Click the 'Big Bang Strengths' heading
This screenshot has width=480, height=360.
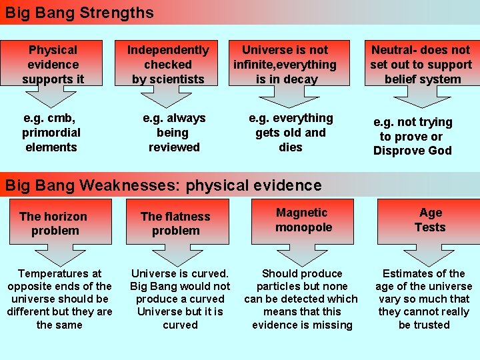(79, 13)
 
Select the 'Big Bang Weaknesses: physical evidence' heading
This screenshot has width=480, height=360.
(163, 185)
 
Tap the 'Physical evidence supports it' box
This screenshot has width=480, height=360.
(53, 64)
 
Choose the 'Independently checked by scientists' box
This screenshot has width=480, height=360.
(168, 64)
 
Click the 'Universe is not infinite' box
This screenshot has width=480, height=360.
(285, 64)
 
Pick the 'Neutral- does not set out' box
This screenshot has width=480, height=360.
(421, 64)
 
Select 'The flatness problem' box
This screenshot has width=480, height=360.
(175, 223)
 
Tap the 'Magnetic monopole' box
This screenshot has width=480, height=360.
(303, 220)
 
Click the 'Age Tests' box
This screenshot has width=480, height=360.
(430, 220)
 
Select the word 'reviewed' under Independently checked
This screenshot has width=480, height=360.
(174, 147)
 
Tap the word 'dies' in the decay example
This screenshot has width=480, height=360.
(291, 147)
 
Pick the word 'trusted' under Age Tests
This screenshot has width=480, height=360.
(424, 325)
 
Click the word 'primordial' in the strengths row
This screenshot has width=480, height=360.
(51, 133)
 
